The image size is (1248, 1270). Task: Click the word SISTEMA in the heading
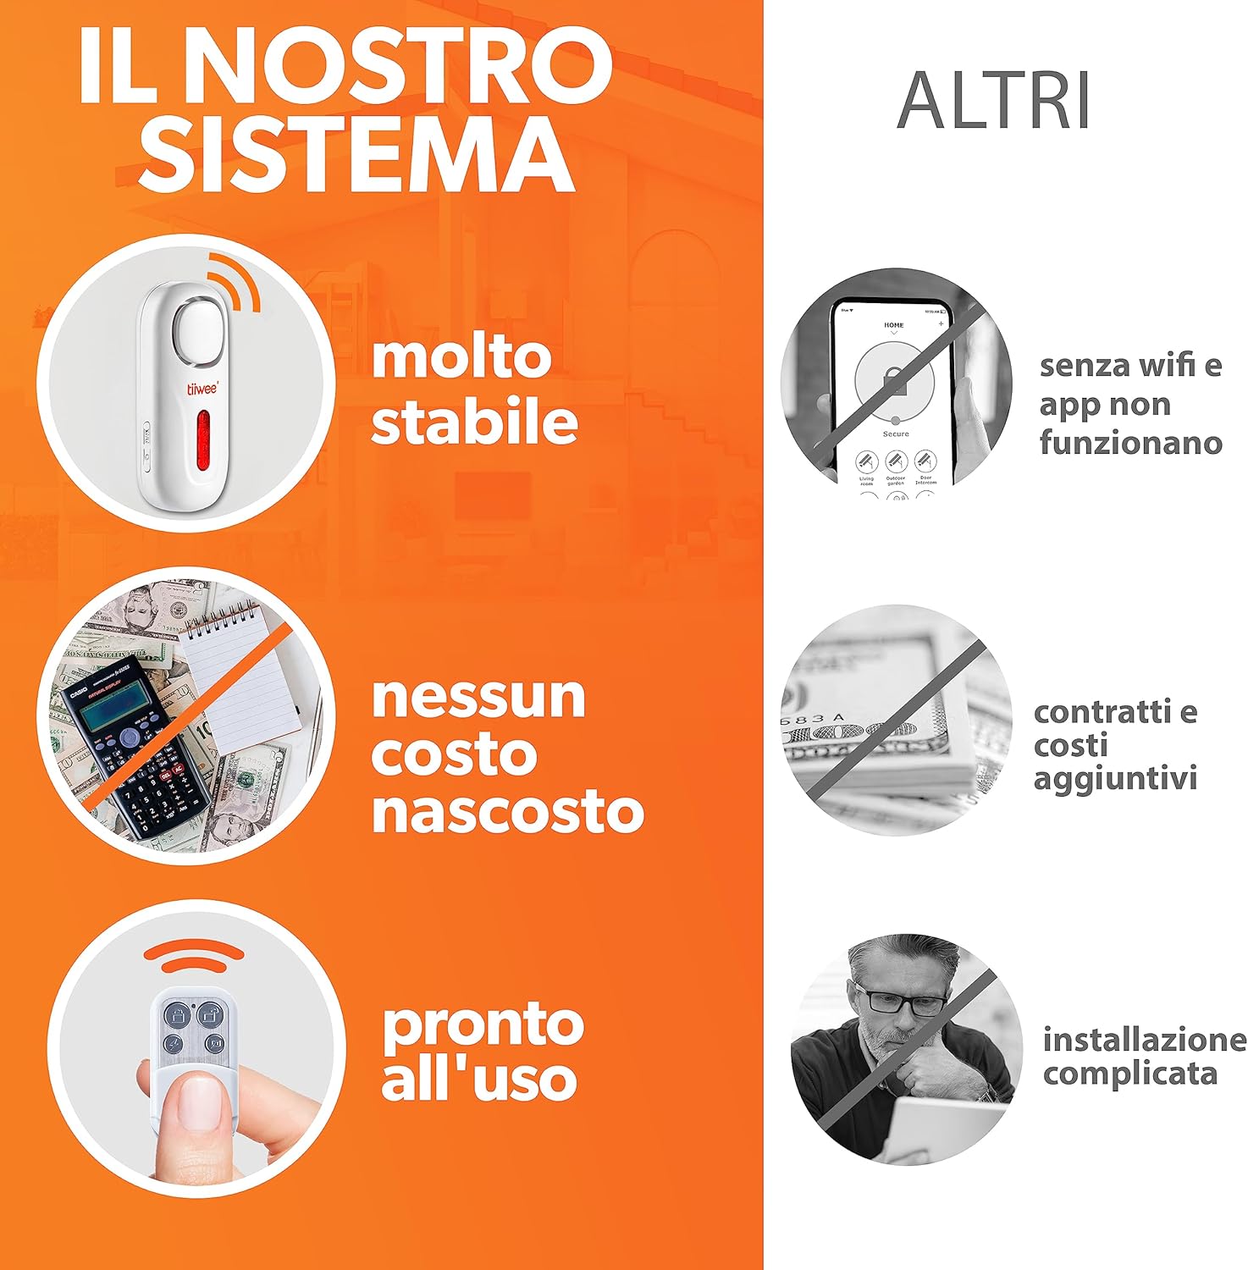(356, 154)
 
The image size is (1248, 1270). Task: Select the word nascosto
(507, 811)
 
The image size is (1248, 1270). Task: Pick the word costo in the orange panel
(454, 754)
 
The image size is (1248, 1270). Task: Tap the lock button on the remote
(177, 1014)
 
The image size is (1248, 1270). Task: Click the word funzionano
(1130, 443)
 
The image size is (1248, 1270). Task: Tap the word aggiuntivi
(1115, 778)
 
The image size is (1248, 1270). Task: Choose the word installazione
(1144, 1040)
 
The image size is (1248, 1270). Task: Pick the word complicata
(1129, 1074)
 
